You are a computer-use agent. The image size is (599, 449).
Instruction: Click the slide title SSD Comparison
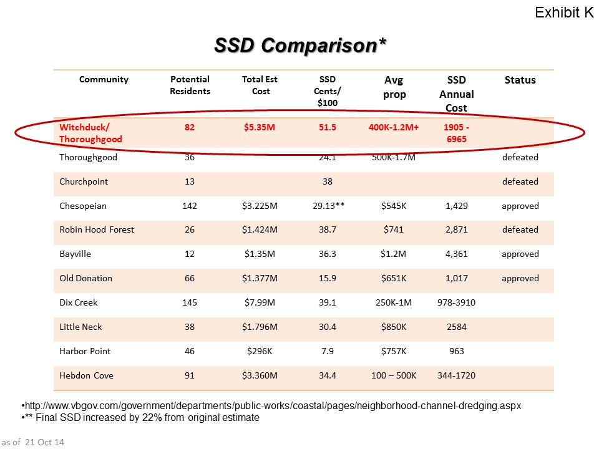coord(300,46)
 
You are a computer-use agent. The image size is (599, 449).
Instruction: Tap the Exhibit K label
coord(564,12)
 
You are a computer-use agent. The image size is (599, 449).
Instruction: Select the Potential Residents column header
coord(190,85)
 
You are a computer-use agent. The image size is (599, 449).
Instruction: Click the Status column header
coord(520,80)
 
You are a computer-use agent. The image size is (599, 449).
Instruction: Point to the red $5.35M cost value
coord(260,127)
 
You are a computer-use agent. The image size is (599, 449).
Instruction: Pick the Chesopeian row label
coord(83,206)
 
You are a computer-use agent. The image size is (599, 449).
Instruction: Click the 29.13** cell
coord(329,205)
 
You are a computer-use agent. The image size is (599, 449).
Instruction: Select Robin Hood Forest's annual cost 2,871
coord(457,229)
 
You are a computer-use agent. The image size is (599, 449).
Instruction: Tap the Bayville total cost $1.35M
coord(260,254)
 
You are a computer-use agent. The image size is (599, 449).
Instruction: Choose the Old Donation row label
coord(85,278)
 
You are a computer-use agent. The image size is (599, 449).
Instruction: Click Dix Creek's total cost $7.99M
coord(260,302)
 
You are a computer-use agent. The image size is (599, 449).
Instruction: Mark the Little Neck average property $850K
coord(394,327)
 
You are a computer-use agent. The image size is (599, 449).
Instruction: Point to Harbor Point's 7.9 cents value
coord(328,351)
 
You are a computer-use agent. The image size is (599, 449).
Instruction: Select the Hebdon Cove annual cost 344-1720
coord(457,375)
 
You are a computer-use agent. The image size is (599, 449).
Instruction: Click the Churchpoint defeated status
coord(520,181)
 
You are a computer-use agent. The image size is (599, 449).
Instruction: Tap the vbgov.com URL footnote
coord(271,405)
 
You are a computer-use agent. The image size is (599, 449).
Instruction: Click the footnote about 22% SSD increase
coord(140,417)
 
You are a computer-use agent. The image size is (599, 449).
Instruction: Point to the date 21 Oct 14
coord(44,442)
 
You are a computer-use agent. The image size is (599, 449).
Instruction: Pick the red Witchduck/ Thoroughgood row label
coord(90,133)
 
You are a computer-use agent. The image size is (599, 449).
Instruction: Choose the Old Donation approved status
coord(520,278)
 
